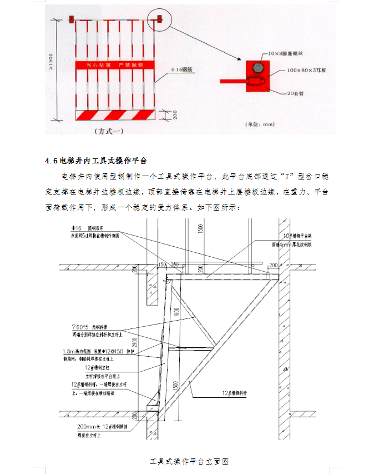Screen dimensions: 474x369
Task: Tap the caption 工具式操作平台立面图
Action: (x=190, y=462)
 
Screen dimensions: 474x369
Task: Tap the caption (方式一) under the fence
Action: (x=109, y=132)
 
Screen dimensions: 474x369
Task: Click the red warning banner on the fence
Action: (x=114, y=65)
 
